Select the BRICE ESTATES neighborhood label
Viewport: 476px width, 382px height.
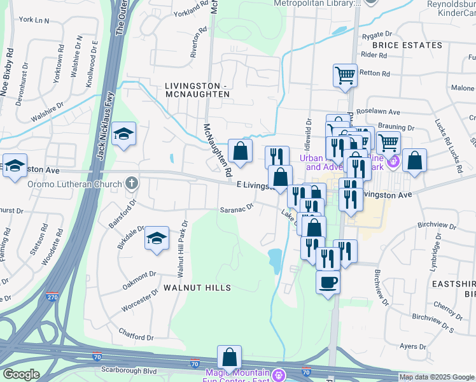pos(407,45)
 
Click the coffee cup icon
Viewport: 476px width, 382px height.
pos(328,281)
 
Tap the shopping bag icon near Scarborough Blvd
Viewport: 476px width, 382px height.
pos(229,357)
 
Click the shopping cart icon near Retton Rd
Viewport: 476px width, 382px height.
pos(345,74)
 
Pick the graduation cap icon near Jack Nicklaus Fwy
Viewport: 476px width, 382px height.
pos(123,133)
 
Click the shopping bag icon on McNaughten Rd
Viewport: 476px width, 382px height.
pos(240,151)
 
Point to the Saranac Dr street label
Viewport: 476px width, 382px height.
pos(237,207)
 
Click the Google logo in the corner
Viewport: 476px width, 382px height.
pos(21,374)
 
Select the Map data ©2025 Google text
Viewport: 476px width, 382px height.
pos(437,377)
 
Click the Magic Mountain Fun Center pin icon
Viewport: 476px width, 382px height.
pos(278,375)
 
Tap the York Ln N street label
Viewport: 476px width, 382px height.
pos(34,20)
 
